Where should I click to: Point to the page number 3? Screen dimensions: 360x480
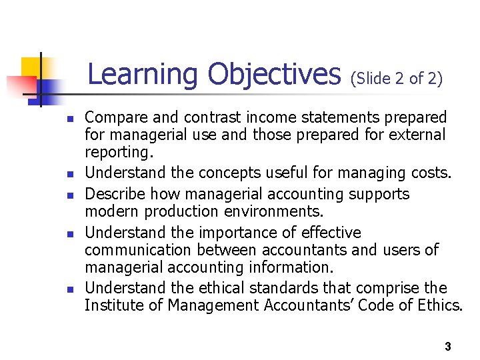[x=447, y=347]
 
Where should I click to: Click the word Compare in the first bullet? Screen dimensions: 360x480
[x=113, y=118]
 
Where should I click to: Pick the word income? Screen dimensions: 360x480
[x=268, y=118]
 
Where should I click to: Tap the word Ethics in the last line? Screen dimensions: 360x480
[x=442, y=306]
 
